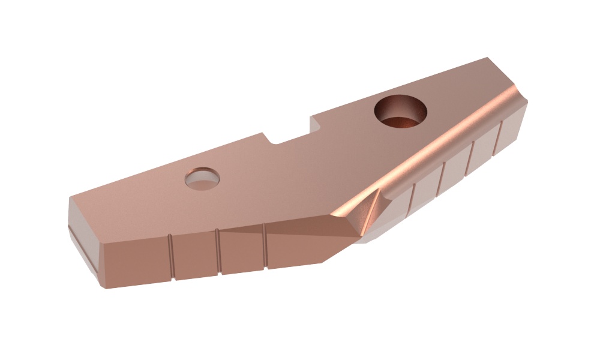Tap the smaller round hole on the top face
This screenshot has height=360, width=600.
[202, 178]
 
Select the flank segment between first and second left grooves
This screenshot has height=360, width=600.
[194, 254]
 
